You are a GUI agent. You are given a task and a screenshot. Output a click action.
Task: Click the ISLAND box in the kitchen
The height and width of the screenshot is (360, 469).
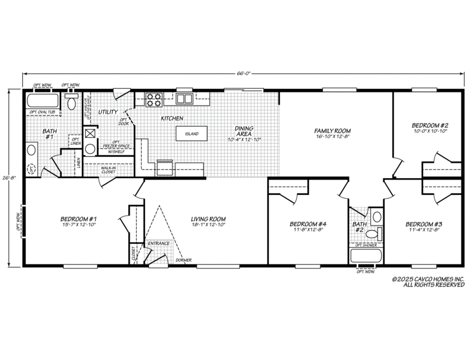tap(192, 134)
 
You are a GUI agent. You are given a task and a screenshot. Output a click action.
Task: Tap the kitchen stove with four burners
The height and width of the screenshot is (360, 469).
tap(154, 99)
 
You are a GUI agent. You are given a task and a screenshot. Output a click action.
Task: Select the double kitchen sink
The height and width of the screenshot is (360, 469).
tap(185, 99)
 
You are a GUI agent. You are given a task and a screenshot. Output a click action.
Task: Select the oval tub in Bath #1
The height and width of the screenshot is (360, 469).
tap(43, 102)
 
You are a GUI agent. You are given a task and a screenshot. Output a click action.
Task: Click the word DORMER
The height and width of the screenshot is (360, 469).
tap(184, 260)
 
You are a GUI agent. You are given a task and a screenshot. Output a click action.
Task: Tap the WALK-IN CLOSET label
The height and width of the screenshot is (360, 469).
tap(108, 169)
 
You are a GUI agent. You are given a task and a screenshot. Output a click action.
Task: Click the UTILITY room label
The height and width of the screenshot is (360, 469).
tap(108, 112)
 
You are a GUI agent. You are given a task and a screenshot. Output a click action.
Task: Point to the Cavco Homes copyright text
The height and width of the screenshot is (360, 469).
tap(427, 281)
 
